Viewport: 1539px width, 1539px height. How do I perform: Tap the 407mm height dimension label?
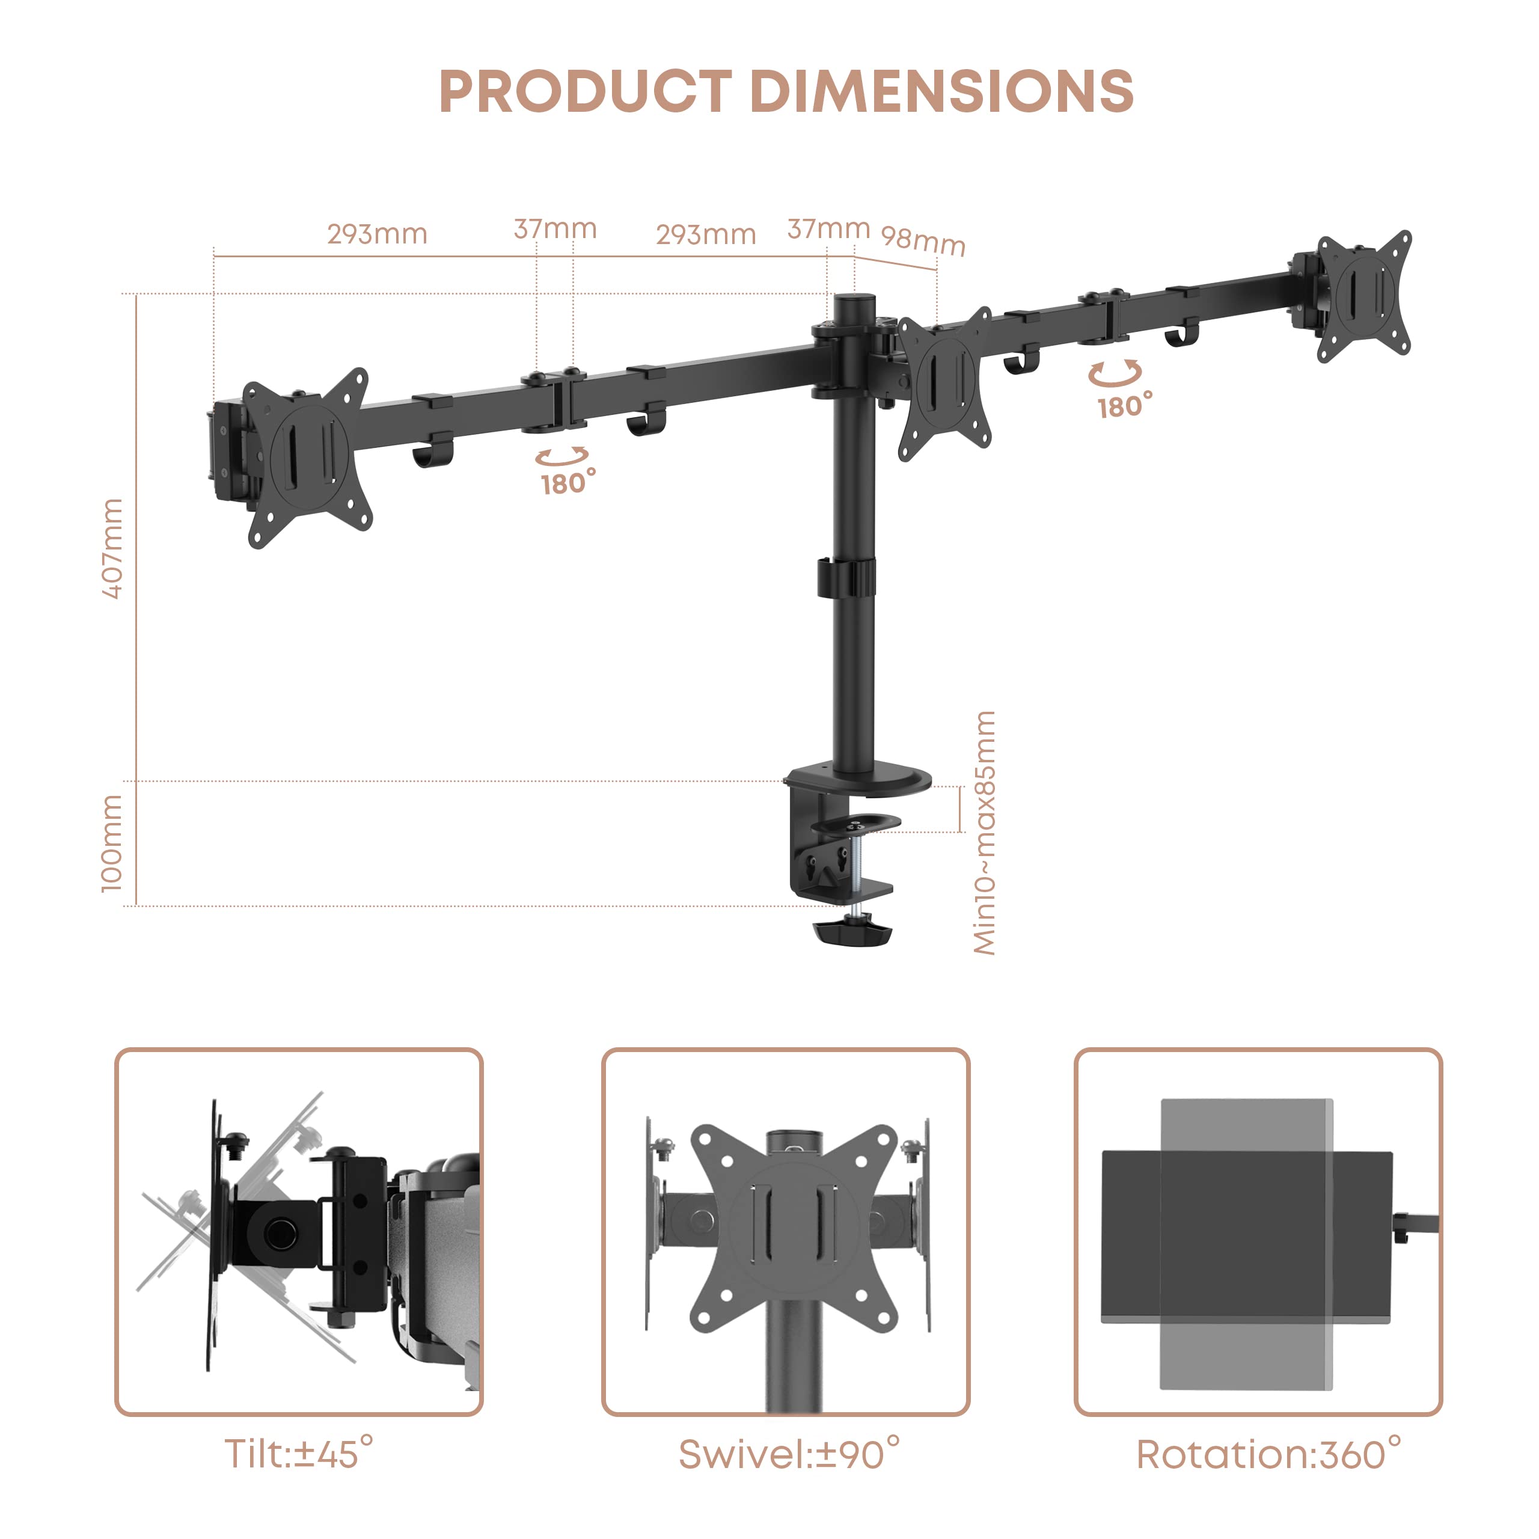pyautogui.click(x=113, y=549)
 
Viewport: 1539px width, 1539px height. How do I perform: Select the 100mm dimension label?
pyautogui.click(x=112, y=843)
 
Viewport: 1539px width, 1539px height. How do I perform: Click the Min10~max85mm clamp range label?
pyautogui.click(x=985, y=833)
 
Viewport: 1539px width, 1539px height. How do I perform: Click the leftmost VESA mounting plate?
pyautogui.click(x=309, y=458)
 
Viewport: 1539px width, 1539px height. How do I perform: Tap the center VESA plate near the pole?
pyautogui.click(x=945, y=384)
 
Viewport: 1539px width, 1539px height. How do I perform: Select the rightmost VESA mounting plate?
pyautogui.click(x=1363, y=296)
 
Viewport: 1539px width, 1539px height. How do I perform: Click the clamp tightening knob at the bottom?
pyautogui.click(x=851, y=931)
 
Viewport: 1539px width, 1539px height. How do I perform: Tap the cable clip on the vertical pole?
pyautogui.click(x=845, y=578)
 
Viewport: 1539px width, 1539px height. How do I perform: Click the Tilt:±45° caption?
pyautogui.click(x=299, y=1454)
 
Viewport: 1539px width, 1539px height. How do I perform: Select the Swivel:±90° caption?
pyautogui.click(x=789, y=1454)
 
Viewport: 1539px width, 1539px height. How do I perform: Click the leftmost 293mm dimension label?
pyautogui.click(x=378, y=234)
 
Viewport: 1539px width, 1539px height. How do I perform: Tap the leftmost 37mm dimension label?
pyautogui.click(x=555, y=230)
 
